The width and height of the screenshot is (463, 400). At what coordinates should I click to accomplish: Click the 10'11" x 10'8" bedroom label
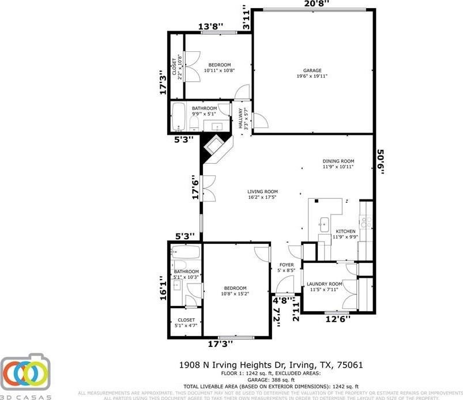219,67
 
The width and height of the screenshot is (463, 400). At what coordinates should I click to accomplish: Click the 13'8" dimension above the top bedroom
210,27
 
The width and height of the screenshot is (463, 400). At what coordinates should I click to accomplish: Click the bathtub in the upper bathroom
179,116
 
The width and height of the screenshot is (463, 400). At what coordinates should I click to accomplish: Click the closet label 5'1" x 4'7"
186,323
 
